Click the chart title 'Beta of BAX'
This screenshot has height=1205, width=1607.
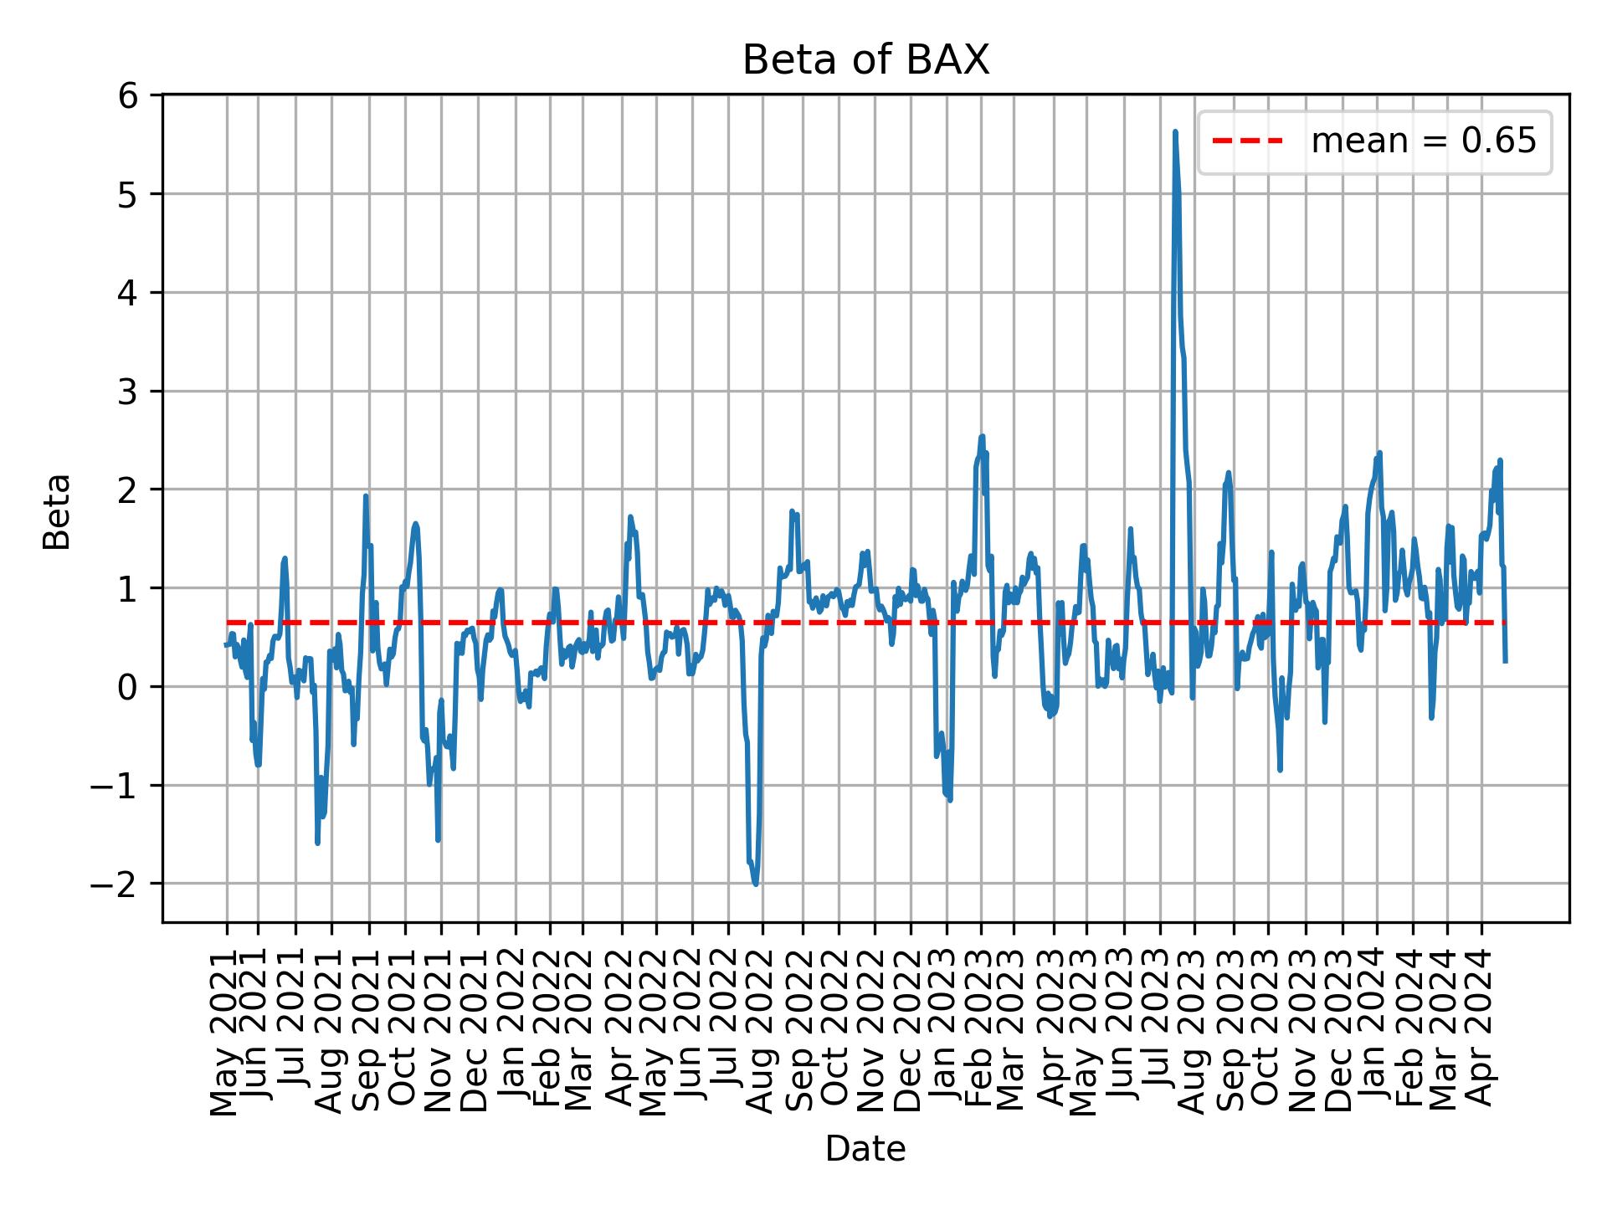tap(865, 60)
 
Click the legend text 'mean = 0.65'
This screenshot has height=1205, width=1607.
tap(1423, 141)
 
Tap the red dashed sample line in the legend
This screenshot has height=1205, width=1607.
tap(1247, 141)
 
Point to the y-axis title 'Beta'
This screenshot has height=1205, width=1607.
tap(57, 511)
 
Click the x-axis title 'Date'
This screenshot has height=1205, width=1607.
tap(865, 1149)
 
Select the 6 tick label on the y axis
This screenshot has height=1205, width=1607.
tap(127, 96)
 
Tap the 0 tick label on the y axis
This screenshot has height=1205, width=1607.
tap(127, 687)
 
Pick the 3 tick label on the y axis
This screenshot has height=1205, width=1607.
tap(127, 392)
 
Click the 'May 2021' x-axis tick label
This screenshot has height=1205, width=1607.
tap(225, 1033)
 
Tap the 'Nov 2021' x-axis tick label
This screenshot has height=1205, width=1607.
tap(440, 1033)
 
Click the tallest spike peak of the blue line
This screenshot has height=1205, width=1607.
tap(1175, 132)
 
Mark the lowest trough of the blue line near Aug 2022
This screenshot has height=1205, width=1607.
tap(756, 884)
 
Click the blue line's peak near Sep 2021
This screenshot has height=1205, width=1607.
tap(366, 496)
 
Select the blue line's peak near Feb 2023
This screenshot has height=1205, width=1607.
tap(982, 436)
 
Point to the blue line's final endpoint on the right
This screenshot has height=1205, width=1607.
tap(1505, 661)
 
